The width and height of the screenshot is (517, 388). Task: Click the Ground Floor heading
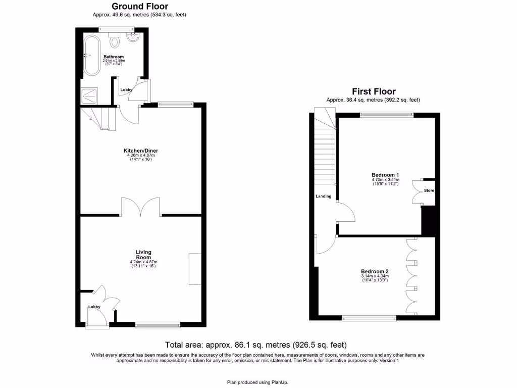(140, 7)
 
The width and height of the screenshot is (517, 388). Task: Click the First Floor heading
(373, 91)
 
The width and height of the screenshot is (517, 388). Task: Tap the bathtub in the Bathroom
(91, 56)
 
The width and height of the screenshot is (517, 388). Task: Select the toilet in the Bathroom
(114, 41)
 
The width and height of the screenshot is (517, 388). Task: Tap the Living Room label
(143, 255)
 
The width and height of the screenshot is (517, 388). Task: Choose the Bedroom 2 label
(374, 271)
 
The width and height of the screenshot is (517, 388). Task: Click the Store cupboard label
(429, 190)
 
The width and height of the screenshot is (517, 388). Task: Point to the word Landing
(324, 196)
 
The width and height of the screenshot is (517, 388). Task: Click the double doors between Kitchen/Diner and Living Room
(141, 207)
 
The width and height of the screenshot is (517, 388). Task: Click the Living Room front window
(158, 324)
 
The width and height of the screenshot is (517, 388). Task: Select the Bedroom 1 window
(387, 114)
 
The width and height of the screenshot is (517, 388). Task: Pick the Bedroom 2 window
(369, 318)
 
